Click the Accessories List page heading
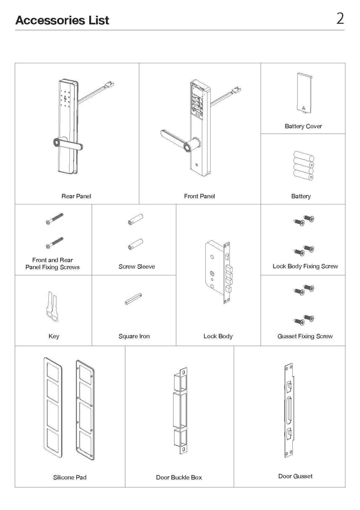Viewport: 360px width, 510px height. tap(62, 20)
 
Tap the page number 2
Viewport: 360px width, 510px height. tap(340, 19)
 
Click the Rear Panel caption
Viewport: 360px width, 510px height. tap(76, 196)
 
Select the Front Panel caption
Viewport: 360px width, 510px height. tap(199, 196)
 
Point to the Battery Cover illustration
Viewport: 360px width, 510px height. tap(304, 93)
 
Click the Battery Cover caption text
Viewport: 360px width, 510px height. tap(303, 126)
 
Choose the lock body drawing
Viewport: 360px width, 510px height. tap(218, 271)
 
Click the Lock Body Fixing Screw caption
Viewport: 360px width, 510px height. tap(305, 266)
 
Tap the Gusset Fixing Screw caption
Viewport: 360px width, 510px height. tap(305, 336)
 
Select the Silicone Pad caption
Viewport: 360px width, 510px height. tap(69, 477)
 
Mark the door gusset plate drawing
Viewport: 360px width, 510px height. tap(289, 411)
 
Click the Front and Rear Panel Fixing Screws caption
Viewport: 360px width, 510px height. tap(53, 264)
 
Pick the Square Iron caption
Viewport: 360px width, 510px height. tap(134, 336)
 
